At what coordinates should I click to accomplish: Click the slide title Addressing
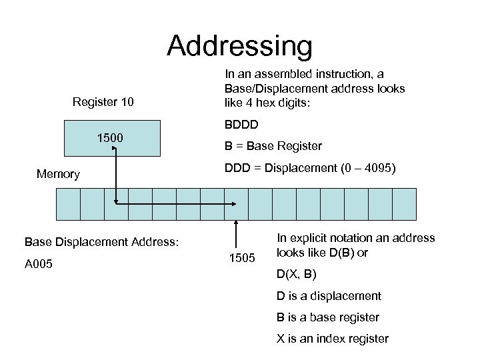[x=239, y=46]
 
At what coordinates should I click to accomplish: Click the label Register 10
[x=103, y=102]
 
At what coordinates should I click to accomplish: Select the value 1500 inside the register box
[x=109, y=138]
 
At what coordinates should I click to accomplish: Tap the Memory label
[x=58, y=174]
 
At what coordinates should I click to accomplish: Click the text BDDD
[x=241, y=125]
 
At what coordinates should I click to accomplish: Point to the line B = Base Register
[x=273, y=146]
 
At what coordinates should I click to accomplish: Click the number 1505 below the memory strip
[x=242, y=258]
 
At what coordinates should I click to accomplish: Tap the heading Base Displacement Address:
[x=101, y=241]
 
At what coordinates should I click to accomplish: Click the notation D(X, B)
[x=297, y=274]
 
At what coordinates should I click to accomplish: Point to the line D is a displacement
[x=329, y=295]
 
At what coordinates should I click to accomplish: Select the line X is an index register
[x=333, y=339]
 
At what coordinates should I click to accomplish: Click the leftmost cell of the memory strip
[x=68, y=204]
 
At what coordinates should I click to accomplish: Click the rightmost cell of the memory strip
[x=404, y=204]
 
